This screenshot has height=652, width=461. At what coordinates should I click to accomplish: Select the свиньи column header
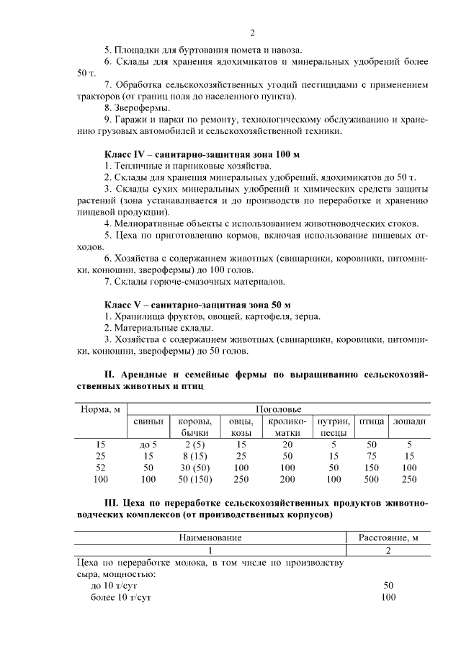pyautogui.click(x=148, y=421)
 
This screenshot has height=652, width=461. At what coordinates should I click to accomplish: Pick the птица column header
pyautogui.click(x=371, y=421)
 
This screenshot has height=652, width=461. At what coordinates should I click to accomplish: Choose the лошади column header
pyautogui.click(x=408, y=421)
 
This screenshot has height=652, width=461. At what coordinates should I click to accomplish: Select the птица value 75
pyautogui.click(x=371, y=456)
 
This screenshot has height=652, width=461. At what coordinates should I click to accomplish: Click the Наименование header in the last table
pyautogui.click(x=210, y=537)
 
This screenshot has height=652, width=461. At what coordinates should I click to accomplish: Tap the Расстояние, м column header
pyautogui.click(x=388, y=537)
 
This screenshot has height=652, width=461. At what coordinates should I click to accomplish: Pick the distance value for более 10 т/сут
pyautogui.click(x=388, y=597)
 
